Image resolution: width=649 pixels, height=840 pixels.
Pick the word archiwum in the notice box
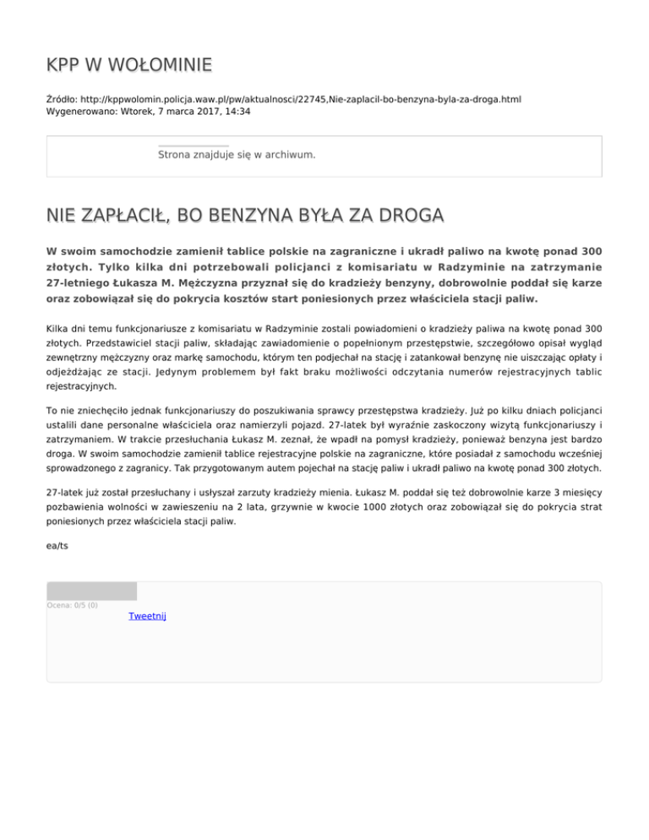click(289, 155)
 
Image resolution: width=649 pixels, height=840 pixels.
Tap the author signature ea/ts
click(57, 546)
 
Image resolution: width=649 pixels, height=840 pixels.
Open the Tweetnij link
click(147, 616)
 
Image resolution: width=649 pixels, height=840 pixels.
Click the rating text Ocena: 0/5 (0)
click(72, 605)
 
